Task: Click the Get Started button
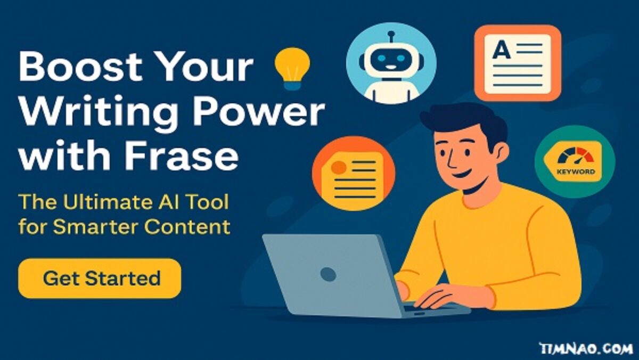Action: pyautogui.click(x=100, y=279)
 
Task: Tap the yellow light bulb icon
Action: pyautogui.click(x=292, y=69)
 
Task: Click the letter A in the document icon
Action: pyautogui.click(x=501, y=50)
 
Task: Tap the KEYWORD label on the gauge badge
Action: pyautogui.click(x=576, y=171)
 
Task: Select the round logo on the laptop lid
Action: pyautogui.click(x=328, y=274)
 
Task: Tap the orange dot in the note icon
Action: pyautogui.click(x=339, y=167)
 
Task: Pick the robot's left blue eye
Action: pyautogui.click(x=382, y=59)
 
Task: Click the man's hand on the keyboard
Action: pyautogui.click(x=443, y=297)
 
